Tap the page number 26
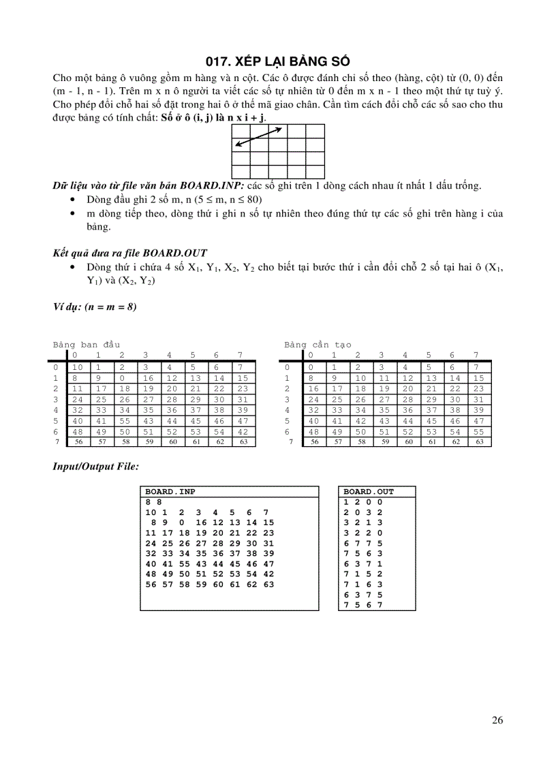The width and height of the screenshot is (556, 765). tap(497, 721)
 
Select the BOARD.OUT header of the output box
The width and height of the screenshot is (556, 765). tap(369, 491)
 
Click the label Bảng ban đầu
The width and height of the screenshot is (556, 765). tap(87, 345)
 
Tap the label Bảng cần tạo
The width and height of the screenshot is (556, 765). tap(318, 345)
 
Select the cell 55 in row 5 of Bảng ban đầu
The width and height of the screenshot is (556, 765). tap(125, 421)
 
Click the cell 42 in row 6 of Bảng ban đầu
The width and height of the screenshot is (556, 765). tap(243, 431)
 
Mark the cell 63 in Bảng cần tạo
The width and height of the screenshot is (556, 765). tap(479, 441)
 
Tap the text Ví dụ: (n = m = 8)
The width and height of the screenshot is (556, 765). tap(95, 307)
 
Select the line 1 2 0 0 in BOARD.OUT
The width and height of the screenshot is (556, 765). tap(363, 501)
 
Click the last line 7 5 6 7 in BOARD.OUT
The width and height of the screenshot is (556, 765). tap(363, 604)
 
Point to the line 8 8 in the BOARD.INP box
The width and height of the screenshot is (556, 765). tap(154, 501)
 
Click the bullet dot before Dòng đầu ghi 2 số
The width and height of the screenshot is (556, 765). tap(74, 200)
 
